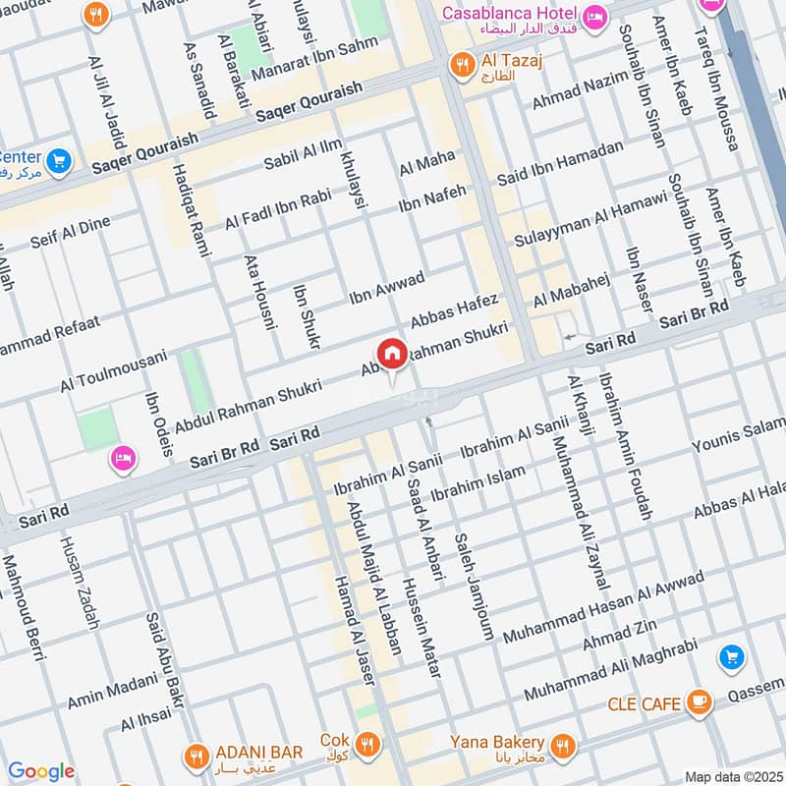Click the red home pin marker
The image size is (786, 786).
point(390,353)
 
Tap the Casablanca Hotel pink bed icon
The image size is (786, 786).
point(594,17)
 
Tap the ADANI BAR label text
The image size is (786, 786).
point(260,753)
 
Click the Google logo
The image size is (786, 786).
point(40,771)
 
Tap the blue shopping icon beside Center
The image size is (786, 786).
point(58,159)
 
